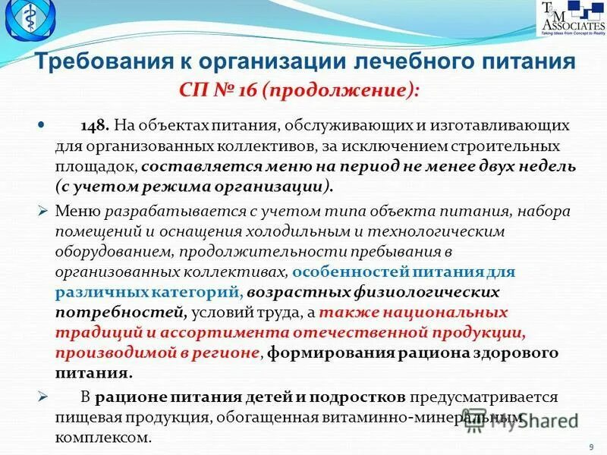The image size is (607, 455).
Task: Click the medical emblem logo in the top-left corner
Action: [x=30, y=23]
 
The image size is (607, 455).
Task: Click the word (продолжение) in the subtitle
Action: [x=341, y=91]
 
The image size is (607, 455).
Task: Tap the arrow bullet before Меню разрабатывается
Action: [x=43, y=210]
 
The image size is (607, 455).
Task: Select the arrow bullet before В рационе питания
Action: [x=43, y=397]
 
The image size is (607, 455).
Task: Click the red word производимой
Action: [x=114, y=353]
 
